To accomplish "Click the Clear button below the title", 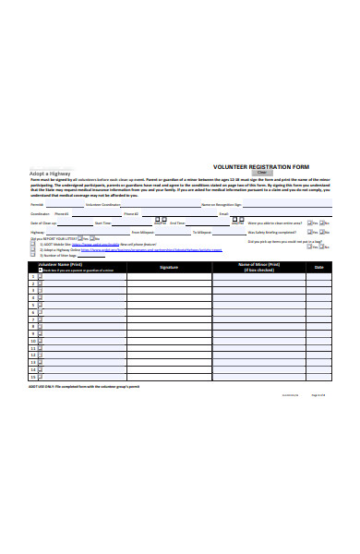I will pyautogui.click(x=261, y=173).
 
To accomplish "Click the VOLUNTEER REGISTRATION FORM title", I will pyautogui.click(x=261, y=166).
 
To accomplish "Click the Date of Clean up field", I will pyautogui.click(x=73, y=223).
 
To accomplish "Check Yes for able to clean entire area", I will pyautogui.click(x=308, y=223).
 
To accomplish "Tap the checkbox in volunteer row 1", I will pyautogui.click(x=41, y=276).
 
